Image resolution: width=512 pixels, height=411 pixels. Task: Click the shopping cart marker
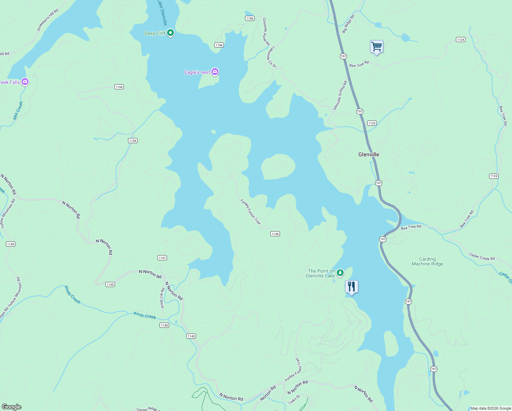pos(376,47)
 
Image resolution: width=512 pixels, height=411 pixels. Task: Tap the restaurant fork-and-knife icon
pos(351,287)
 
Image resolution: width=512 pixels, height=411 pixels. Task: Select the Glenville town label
pos(369,154)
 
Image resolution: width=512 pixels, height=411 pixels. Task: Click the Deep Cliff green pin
pos(170,33)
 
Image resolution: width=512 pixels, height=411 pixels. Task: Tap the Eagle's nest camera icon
pos(215,72)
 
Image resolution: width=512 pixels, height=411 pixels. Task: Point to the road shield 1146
pos(275,234)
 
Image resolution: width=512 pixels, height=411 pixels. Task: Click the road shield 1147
pos(162,258)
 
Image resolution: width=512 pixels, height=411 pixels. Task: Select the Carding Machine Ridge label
pos(427,262)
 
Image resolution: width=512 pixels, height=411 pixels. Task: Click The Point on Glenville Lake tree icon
pos(340,273)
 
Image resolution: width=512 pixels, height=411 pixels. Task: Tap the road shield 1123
pos(372,123)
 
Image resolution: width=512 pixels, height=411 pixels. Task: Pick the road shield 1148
pos(164,325)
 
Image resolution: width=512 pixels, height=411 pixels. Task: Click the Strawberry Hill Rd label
pos(48,20)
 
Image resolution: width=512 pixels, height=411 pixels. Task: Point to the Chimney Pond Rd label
pos(266,32)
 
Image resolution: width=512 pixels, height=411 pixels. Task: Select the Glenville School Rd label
pos(340,95)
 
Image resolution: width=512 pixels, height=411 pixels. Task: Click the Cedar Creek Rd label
pos(482,257)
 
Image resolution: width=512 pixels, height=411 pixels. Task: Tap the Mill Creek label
pos(18,110)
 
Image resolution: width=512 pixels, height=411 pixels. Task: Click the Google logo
pos(12,407)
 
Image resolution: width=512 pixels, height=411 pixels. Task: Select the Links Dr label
pos(294,399)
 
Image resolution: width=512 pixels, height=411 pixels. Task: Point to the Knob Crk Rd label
pos(162,297)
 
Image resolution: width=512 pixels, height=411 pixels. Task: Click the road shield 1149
pos(11,244)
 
